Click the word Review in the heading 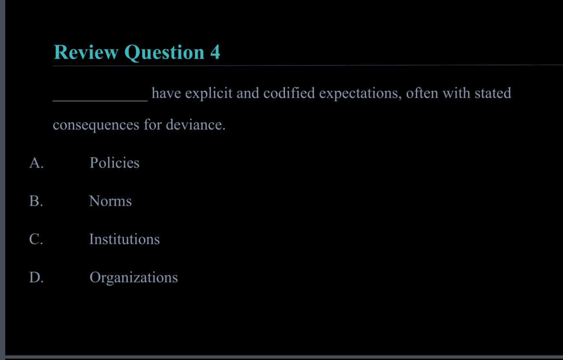coord(86,52)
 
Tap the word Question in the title coord(164,53)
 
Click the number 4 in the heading coord(215,52)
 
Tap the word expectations coord(360,94)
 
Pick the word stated coord(493,93)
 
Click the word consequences coord(96,126)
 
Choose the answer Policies coord(114,163)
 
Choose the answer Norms coord(110,201)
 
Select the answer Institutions coord(124,239)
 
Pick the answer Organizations coord(134,278)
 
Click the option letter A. coord(36,163)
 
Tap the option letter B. coord(36,201)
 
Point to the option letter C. coord(36,239)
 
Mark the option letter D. coord(36,278)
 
